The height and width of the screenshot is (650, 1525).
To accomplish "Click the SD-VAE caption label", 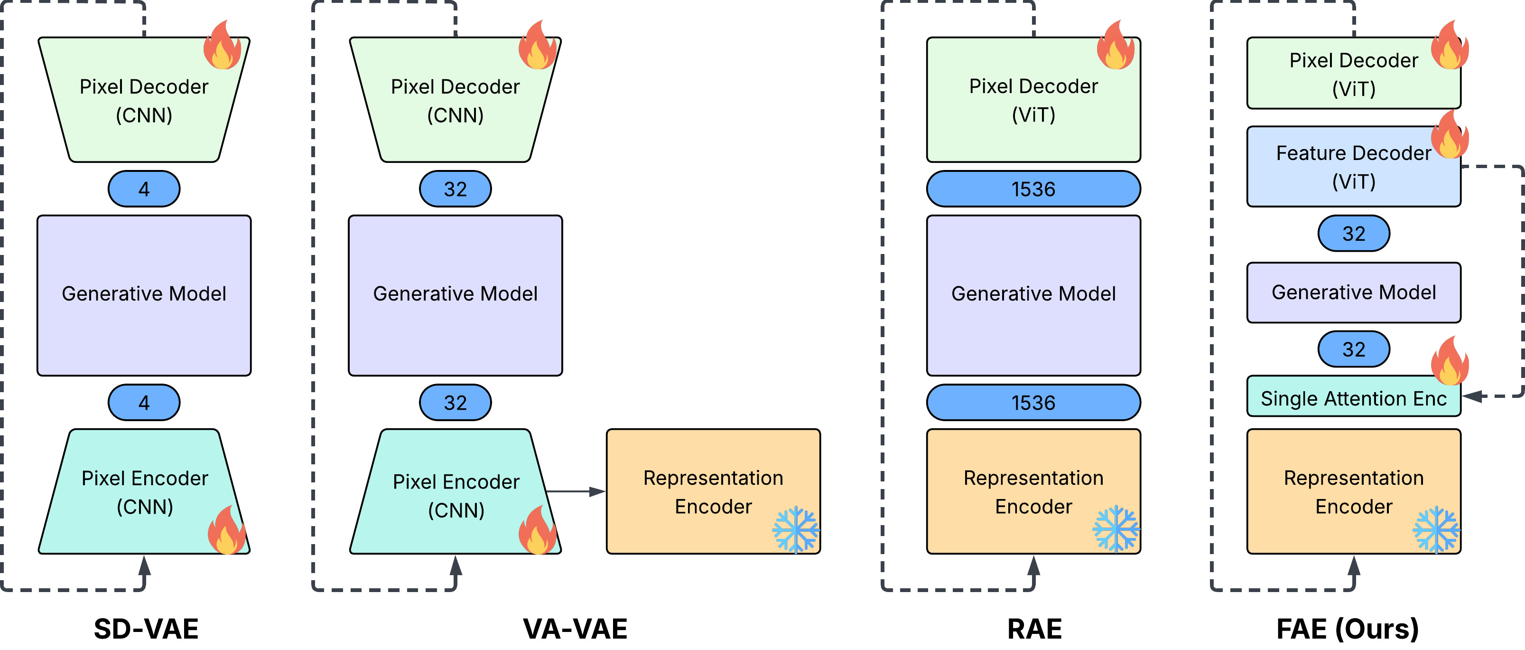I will pos(146,629).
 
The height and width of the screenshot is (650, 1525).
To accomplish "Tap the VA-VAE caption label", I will pos(575,629).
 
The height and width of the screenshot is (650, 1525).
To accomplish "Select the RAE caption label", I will pos(1034,629).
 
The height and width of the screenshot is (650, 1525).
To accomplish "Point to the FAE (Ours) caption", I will pos(1348,629).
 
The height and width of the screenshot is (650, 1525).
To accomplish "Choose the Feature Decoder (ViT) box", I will pos(1353,167).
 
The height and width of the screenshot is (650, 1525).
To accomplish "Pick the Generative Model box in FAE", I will pos(1353,292).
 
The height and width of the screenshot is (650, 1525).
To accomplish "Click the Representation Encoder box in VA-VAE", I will pos(713,491).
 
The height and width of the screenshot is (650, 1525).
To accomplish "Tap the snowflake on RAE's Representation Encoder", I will pos(1116,528).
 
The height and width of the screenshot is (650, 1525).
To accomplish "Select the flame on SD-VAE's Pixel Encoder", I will pos(227,530).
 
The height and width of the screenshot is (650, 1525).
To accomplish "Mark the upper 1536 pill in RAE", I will pos(1033,188).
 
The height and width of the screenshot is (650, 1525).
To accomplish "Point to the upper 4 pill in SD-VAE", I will pos(144,188).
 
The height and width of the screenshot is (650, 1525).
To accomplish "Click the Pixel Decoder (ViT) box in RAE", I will pos(1033,100).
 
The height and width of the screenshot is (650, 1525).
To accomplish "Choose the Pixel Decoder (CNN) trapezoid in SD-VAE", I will pos(144,100).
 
